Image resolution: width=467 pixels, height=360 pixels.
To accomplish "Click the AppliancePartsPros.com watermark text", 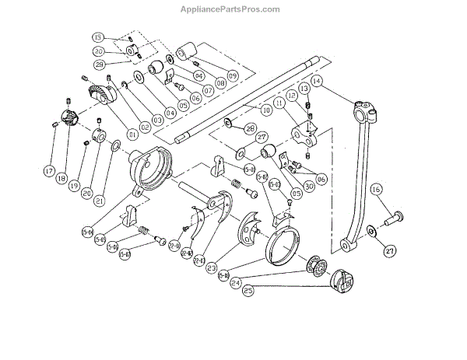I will click(x=233, y=9).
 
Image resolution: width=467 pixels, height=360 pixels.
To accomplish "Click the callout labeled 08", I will click(x=211, y=82).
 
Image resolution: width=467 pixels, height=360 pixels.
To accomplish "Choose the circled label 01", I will click(x=133, y=133).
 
